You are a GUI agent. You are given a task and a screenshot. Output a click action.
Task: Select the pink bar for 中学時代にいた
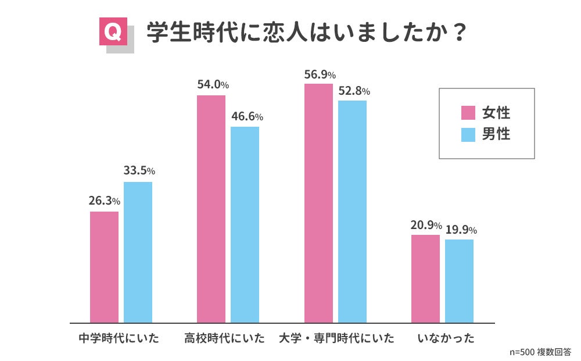(105, 267)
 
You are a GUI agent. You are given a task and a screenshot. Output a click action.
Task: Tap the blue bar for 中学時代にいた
(138, 252)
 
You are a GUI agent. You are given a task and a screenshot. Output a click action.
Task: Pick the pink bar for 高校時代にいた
(211, 209)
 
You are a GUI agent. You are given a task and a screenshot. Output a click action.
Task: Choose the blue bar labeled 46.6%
(245, 224)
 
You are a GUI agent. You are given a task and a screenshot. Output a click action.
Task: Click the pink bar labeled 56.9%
(318, 203)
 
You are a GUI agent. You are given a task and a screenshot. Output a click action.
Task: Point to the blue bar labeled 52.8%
(353, 212)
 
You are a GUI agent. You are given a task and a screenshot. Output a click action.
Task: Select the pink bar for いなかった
(425, 279)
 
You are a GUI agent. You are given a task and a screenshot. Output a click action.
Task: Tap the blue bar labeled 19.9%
(459, 281)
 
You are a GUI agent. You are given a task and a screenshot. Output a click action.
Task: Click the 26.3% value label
(105, 201)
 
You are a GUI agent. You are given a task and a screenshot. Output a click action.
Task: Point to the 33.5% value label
(139, 171)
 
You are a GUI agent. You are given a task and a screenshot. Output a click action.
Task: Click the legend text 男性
(496, 134)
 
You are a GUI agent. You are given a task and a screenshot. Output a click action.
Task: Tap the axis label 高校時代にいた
(224, 338)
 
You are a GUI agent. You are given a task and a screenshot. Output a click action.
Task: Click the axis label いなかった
(446, 338)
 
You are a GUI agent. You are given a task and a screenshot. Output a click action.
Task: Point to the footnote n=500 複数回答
(540, 352)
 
